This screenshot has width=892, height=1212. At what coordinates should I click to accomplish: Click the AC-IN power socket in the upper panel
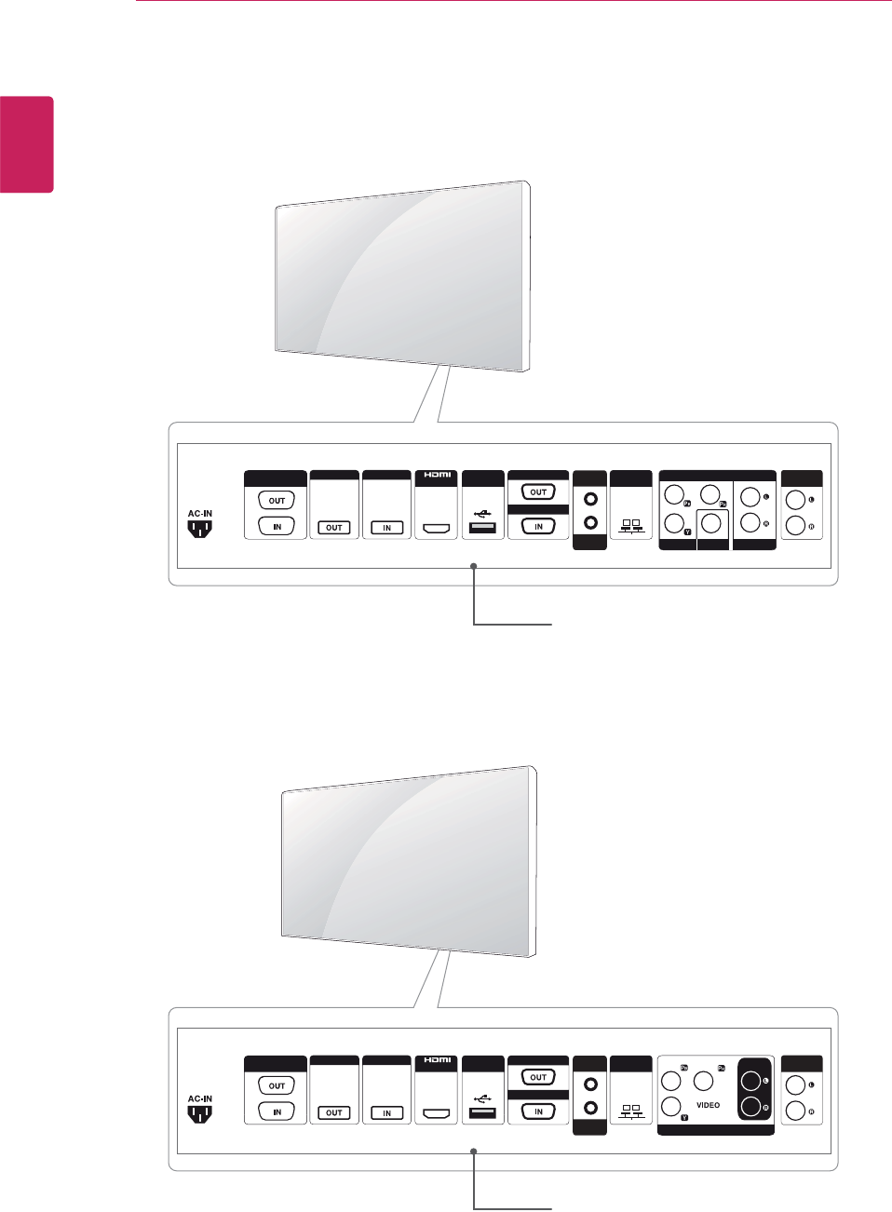pyautogui.click(x=200, y=529)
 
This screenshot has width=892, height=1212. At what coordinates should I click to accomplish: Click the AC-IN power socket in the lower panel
pyautogui.click(x=200, y=1113)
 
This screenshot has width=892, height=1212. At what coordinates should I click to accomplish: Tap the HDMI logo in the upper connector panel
pyautogui.click(x=437, y=475)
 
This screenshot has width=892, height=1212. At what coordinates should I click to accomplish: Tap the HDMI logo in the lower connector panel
pyautogui.click(x=437, y=1060)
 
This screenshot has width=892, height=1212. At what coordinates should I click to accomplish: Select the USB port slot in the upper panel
pyautogui.click(x=482, y=528)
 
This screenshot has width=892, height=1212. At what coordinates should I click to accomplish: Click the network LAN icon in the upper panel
pyautogui.click(x=630, y=527)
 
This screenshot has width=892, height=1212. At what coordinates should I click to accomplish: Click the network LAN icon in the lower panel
pyautogui.click(x=630, y=1111)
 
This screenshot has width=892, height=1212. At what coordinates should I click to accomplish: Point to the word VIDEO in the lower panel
pyautogui.click(x=708, y=1105)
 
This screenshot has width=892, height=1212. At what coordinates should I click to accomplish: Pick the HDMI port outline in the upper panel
pyautogui.click(x=437, y=529)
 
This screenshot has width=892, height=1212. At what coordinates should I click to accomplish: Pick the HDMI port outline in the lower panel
pyautogui.click(x=437, y=1113)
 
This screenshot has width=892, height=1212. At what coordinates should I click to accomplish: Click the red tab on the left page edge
pyautogui.click(x=26, y=144)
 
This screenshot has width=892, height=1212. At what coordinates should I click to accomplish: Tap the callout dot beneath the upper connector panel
pyautogui.click(x=474, y=566)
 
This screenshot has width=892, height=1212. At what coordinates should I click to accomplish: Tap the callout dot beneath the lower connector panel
pyautogui.click(x=474, y=1151)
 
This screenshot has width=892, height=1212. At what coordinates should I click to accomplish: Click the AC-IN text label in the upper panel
pyautogui.click(x=200, y=513)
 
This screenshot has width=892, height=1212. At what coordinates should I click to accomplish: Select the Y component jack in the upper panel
pyautogui.click(x=674, y=522)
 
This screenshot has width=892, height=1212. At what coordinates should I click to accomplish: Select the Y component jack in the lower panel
pyautogui.click(x=671, y=1107)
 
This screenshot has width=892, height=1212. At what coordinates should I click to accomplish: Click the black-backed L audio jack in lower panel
pyautogui.click(x=750, y=1082)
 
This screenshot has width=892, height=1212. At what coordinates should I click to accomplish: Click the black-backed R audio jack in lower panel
pyautogui.click(x=750, y=1107)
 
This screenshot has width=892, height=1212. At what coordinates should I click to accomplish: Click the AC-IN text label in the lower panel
pyautogui.click(x=200, y=1098)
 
